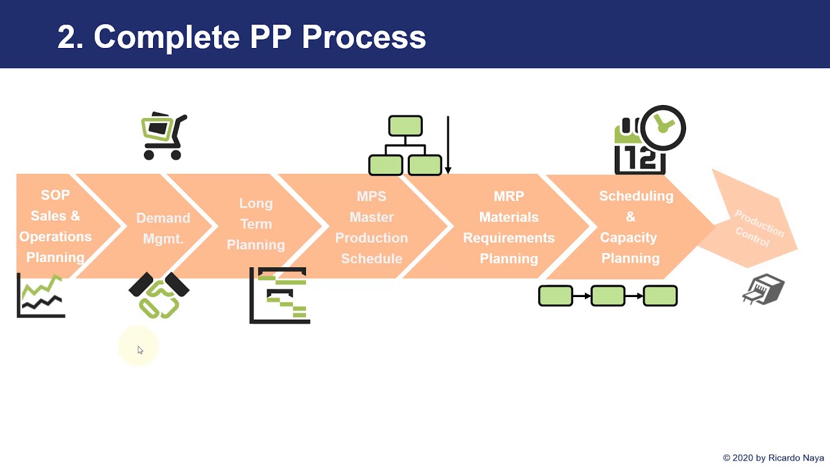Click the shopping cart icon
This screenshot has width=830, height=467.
[164, 136]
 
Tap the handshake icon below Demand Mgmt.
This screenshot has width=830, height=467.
[159, 295]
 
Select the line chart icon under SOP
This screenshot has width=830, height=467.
[41, 296]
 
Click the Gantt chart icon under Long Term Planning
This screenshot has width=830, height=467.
[280, 295]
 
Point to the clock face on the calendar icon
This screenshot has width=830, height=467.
[662, 127]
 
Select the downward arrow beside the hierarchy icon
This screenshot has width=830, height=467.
[447, 146]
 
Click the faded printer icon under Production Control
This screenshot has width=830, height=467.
[763, 290]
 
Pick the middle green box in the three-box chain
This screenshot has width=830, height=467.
[608, 296]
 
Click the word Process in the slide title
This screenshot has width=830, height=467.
[364, 37]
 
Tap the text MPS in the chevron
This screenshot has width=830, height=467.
[372, 196]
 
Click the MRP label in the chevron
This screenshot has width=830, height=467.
[508, 196]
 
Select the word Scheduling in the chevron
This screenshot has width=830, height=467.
[635, 196]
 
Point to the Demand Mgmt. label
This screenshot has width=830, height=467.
[163, 228]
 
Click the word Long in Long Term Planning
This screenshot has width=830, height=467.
[255, 203]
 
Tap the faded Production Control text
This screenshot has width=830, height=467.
[756, 229]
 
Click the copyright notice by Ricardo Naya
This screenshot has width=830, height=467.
[773, 458]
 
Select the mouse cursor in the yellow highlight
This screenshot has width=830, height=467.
[139, 350]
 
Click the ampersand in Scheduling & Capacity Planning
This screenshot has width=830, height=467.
[630, 217]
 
